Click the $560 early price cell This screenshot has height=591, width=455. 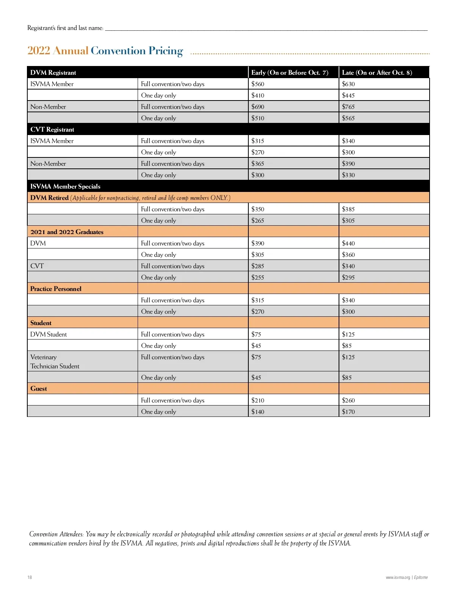tap(258, 84)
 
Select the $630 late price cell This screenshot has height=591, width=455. tap(348, 84)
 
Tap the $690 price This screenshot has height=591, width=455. tap(258, 107)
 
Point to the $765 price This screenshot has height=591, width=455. tap(348, 107)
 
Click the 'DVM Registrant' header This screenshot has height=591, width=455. tap(53, 72)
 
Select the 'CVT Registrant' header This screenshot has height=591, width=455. tap(52, 129)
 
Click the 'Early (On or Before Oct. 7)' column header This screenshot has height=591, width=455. tap(290, 72)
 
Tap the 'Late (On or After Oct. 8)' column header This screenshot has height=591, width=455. tap(377, 72)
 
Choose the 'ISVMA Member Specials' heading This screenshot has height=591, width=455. tap(65, 186)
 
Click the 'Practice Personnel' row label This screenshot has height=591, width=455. tap(56, 289)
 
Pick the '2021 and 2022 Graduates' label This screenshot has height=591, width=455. tap(67, 232)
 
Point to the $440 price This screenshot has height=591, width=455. tap(348, 243)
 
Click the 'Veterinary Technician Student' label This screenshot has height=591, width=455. tap(55, 362)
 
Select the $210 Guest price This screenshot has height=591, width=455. tap(258, 400)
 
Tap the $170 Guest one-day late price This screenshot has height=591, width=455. tap(348, 412)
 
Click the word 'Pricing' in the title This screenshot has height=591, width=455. tap(166, 51)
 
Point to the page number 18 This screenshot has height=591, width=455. tap(30, 577)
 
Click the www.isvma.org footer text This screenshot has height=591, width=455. tap(398, 577)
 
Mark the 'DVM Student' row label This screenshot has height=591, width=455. tap(49, 334)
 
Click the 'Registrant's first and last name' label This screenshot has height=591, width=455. tap(65, 28)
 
